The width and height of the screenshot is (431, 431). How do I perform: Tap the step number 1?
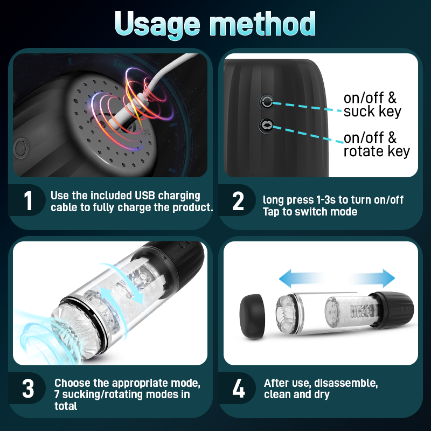point(28,200)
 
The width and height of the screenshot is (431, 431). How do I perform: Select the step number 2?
point(238,201)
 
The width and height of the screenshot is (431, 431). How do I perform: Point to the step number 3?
point(28,388)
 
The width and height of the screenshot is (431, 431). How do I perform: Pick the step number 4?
point(238,388)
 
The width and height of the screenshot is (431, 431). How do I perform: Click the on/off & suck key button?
point(267,102)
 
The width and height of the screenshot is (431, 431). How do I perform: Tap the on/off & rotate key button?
point(267,126)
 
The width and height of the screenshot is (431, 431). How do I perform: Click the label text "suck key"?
point(372,112)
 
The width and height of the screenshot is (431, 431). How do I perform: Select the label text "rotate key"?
point(376,151)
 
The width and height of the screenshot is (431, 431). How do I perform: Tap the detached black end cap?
point(252,317)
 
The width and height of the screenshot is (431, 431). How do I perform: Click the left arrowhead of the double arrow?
point(286,278)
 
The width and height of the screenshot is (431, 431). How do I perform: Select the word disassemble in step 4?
point(346,383)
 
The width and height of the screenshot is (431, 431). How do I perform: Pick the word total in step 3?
point(66,406)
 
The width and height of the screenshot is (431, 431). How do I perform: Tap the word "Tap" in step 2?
point(271,212)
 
